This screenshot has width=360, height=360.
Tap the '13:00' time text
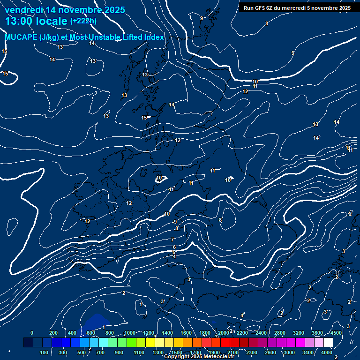(x=18, y=21)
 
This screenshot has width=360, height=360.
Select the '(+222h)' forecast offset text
(x=83, y=21)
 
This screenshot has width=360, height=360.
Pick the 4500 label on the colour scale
(x=336, y=333)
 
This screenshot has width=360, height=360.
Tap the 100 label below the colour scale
(x=45, y=352)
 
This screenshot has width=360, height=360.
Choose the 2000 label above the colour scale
(x=224, y=333)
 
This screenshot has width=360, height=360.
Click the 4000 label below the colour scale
(x=327, y=352)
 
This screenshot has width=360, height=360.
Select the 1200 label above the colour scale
(x=149, y=333)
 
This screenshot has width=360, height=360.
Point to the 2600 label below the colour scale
(x=270, y=352)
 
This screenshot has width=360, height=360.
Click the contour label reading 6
(x=174, y=247)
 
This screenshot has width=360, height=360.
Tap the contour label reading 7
(x=172, y=240)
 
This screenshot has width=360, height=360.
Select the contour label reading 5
(x=174, y=252)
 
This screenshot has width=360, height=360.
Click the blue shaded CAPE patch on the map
(x=96, y=321)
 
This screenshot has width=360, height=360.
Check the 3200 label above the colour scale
(x=299, y=333)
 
